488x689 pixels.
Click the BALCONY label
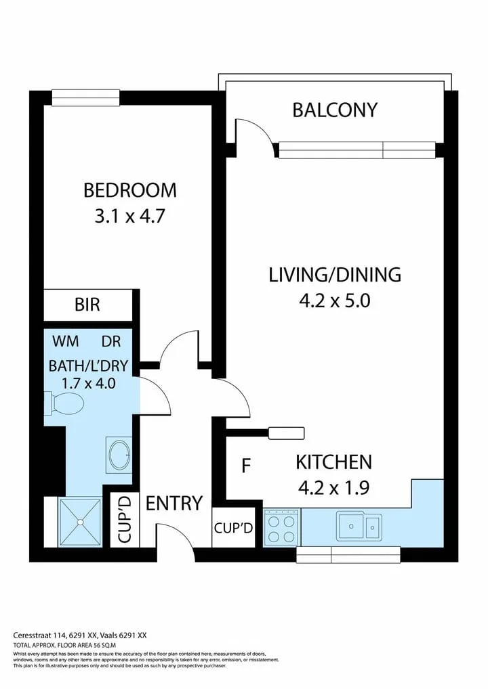tap(335, 110)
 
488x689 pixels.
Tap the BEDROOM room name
tap(130, 190)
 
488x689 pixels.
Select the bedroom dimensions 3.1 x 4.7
tap(130, 216)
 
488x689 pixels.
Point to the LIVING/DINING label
tap(335, 275)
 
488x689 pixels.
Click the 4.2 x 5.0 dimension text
tap(335, 301)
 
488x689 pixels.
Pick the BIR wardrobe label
tap(87, 305)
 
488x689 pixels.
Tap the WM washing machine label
tap(66, 341)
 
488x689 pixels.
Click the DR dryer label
tap(111, 341)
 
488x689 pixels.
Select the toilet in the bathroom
tap(64, 403)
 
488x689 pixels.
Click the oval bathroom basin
tap(119, 455)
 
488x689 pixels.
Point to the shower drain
tap(80, 522)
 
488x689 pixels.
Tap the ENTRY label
tap(174, 503)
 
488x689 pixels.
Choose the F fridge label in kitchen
tap(247, 466)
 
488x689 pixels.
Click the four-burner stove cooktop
tap(282, 527)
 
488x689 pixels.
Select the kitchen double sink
tap(359, 526)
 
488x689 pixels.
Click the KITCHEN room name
tap(334, 462)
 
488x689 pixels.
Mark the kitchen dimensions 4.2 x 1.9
tap(334, 488)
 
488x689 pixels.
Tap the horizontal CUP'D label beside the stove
tap(234, 528)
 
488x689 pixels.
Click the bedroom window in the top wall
tap(86, 97)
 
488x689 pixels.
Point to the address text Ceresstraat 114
tap(39, 635)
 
